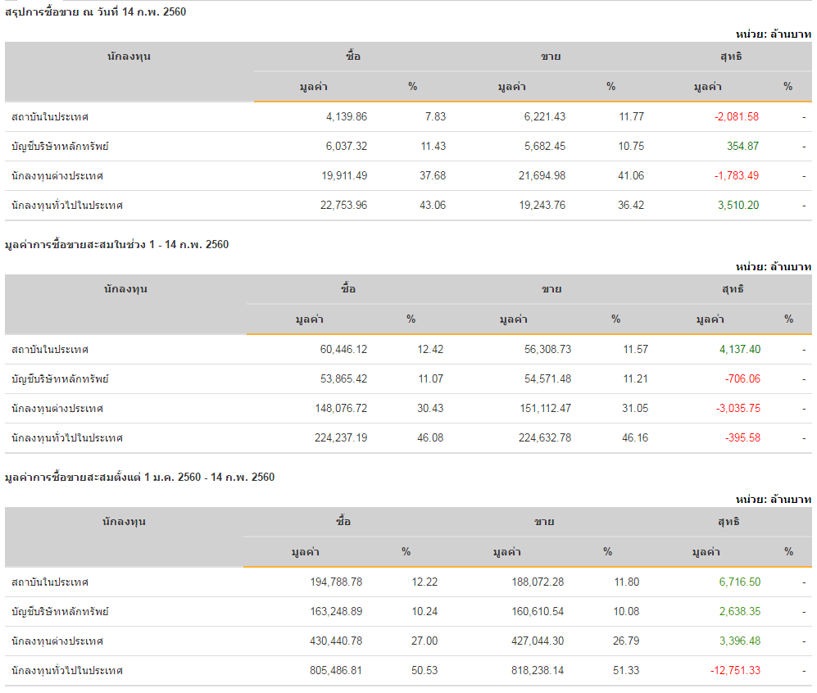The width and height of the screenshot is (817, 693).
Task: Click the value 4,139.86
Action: pyautogui.click(x=346, y=116)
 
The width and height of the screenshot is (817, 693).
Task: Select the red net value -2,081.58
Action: pyautogui.click(x=737, y=116)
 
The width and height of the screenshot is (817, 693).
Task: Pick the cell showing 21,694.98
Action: pyautogui.click(x=537, y=175)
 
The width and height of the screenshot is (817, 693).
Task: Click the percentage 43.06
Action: pyautogui.click(x=432, y=205)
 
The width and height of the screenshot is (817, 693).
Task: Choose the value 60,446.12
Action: pyautogui.click(x=343, y=349)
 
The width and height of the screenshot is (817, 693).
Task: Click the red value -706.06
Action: pyautogui.click(x=742, y=378)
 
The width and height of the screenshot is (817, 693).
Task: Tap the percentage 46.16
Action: pyautogui.click(x=635, y=437)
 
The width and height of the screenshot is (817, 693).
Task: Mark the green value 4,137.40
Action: pyautogui.click(x=740, y=349)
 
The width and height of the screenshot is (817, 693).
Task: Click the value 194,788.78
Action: pyautogui.click(x=333, y=582)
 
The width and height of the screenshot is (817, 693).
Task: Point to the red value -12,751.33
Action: pyautogui.click(x=735, y=670)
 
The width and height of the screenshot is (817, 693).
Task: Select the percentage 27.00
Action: pyautogui.click(x=424, y=641)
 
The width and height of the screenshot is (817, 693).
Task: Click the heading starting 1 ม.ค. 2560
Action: pyautogui.click(x=140, y=477)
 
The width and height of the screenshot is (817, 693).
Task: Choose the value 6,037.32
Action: pyautogui.click(x=346, y=146)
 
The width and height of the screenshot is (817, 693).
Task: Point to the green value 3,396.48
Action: pyautogui.click(x=740, y=641)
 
